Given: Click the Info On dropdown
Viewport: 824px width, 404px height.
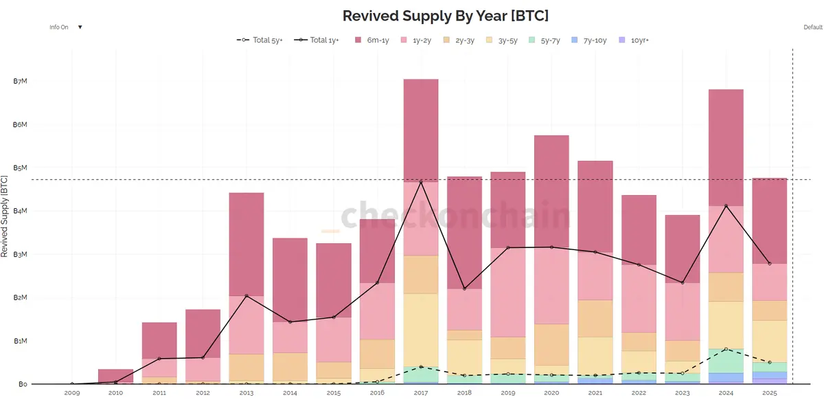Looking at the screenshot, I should tap(66, 27).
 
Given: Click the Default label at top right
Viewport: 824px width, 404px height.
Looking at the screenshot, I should tap(812, 27).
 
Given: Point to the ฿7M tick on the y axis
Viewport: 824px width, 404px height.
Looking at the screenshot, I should tap(20, 82).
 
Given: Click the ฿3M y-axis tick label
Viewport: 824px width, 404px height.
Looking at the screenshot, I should tap(20, 255).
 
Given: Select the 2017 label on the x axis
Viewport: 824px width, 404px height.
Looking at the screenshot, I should tap(420, 394).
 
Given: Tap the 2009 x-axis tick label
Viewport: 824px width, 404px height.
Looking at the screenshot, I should tap(72, 394).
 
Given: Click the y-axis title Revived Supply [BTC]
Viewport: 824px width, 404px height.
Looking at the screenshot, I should tap(5, 216).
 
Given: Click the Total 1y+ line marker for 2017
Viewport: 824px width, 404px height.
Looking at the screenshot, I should tap(420, 182).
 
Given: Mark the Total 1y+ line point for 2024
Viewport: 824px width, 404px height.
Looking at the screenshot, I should tap(725, 206).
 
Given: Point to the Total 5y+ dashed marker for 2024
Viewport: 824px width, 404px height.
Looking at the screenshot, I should tap(725, 350).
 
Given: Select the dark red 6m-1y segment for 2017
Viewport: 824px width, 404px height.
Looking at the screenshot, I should tap(420, 131).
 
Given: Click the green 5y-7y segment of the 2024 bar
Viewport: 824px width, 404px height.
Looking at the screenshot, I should tap(725, 361).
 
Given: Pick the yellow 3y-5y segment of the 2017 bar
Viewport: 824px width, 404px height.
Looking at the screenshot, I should tap(420, 330).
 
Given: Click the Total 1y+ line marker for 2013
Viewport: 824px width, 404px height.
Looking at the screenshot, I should tap(247, 295).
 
